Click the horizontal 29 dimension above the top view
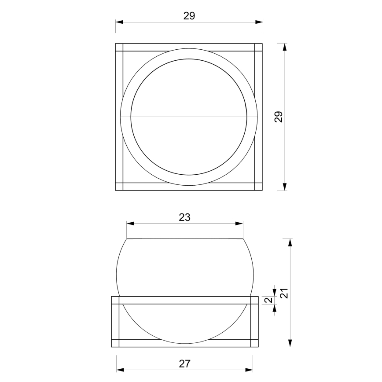coord(189,15)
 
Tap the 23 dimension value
coord(184,217)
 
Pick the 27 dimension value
coord(184,364)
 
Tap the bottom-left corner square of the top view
coord(119,187)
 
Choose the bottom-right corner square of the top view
coord(259,187)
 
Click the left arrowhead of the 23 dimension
coord(130,224)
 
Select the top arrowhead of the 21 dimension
coord(290,242)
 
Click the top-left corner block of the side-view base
coord(115,300)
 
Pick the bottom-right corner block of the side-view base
coord(254,343)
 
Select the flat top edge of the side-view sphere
coord(184,239)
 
